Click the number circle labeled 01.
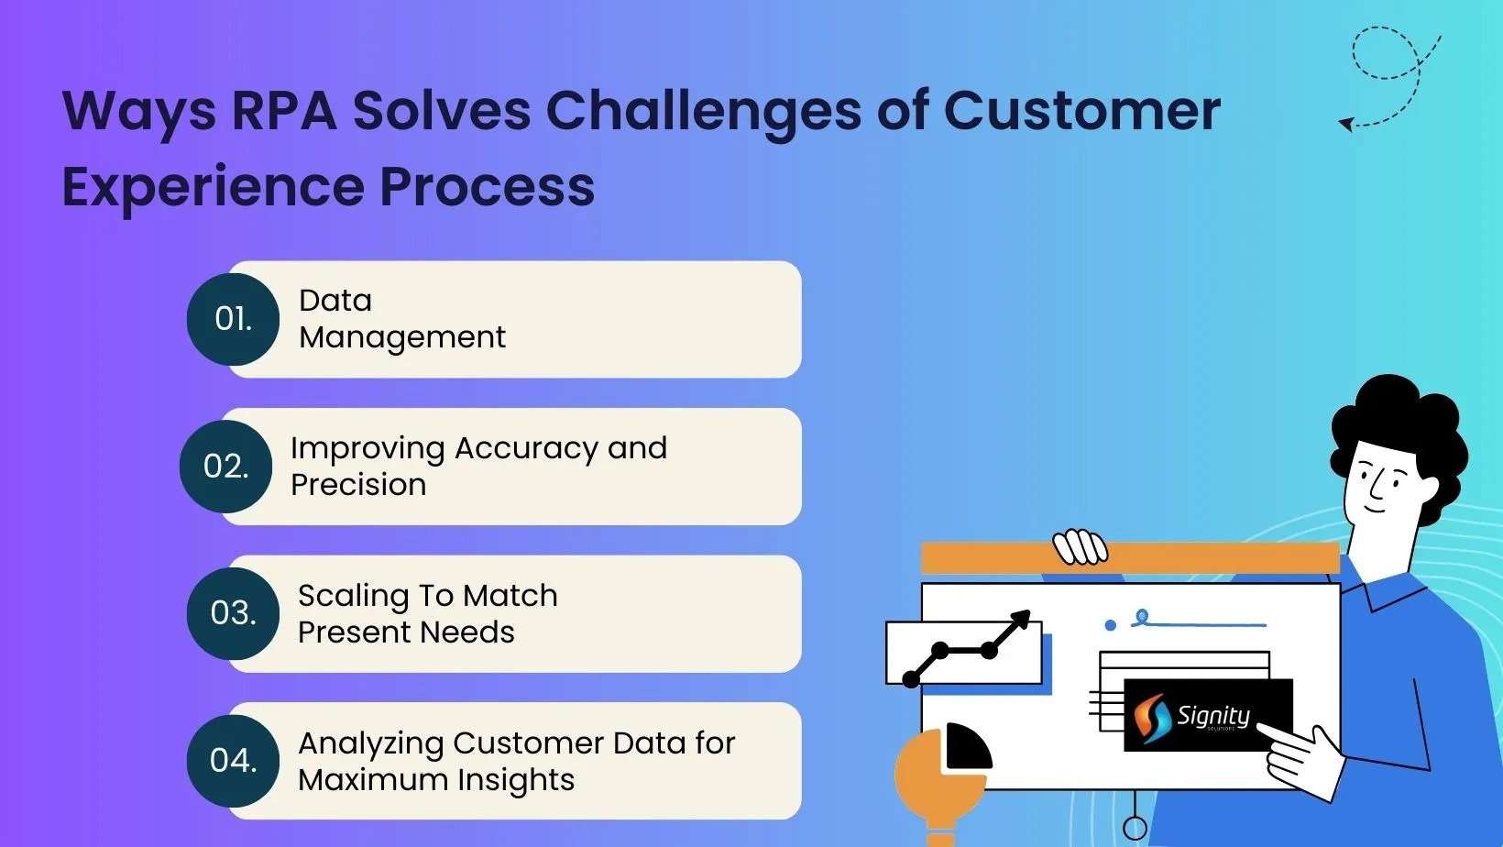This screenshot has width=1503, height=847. click(x=233, y=319)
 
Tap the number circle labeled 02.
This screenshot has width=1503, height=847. click(x=225, y=467)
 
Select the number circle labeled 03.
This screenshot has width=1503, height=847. click(x=233, y=613)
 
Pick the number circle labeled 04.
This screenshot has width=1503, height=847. click(x=233, y=761)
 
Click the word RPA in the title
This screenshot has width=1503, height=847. click(x=284, y=111)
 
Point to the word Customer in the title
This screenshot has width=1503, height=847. click(x=1081, y=111)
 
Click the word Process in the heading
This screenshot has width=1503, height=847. click(x=487, y=187)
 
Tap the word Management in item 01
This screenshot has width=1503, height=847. click(x=401, y=337)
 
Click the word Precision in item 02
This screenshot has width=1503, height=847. click(x=358, y=485)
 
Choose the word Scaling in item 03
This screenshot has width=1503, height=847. click(x=353, y=597)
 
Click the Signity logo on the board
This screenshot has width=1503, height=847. click(x=1207, y=715)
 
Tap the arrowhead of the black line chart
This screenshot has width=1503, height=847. click(x=1019, y=622)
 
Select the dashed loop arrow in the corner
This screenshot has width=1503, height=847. click(x=1389, y=73)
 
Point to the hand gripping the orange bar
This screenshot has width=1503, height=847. click(x=1080, y=547)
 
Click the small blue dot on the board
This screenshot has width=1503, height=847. click(x=1110, y=625)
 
